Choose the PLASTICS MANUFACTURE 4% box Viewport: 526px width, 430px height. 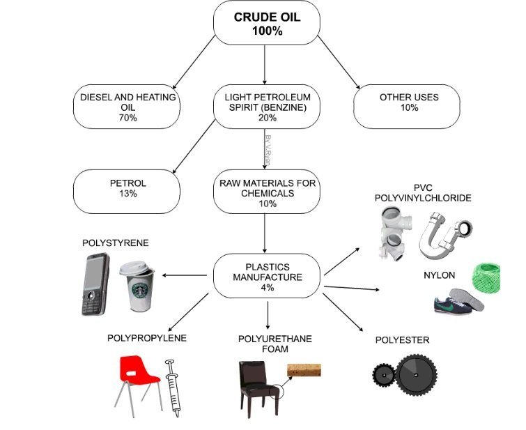(267, 277)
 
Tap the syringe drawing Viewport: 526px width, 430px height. (171, 387)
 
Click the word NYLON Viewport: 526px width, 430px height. (439, 275)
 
